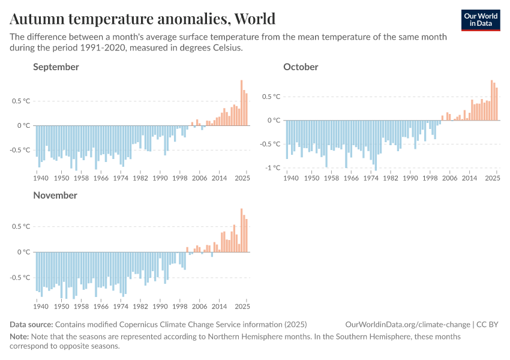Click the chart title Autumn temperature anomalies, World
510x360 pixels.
tap(142, 19)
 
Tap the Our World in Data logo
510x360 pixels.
tap(480, 20)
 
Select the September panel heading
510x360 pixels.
tap(56, 67)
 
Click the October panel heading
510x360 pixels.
tap(301, 67)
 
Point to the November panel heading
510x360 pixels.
tap(55, 195)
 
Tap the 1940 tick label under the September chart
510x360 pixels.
tap(41, 178)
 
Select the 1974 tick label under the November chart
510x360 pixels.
tap(121, 307)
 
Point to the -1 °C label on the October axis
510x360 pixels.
tap(273, 167)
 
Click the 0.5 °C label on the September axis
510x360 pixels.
tap(20, 101)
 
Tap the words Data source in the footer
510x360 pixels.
tap(31, 325)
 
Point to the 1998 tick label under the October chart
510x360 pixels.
tap(430, 178)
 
